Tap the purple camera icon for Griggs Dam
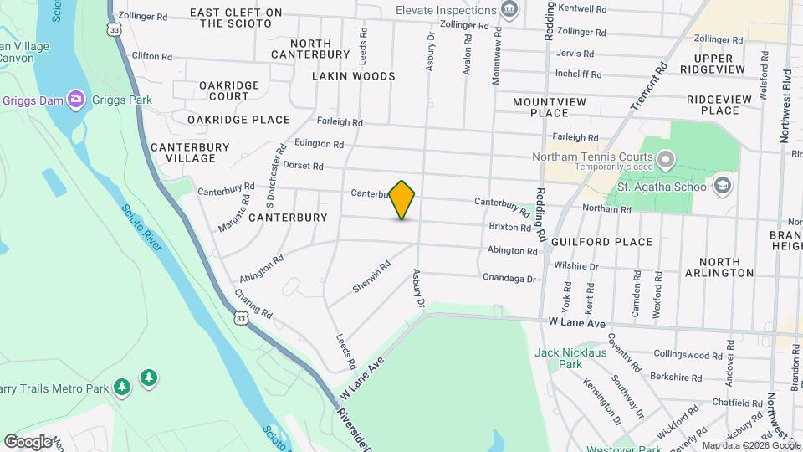click(x=76, y=100)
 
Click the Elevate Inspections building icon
click(x=509, y=10)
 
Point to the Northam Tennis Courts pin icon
click(x=666, y=157)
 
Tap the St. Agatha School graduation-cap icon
click(x=722, y=186)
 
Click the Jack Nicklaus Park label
click(x=570, y=358)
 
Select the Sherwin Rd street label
click(x=371, y=276)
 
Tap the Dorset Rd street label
click(x=303, y=166)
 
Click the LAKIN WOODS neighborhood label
click(x=353, y=76)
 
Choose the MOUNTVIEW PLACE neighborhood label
click(x=550, y=107)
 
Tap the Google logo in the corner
click(x=28, y=441)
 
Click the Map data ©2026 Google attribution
click(x=751, y=445)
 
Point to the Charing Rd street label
click(x=253, y=304)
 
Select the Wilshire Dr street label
click(x=577, y=266)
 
